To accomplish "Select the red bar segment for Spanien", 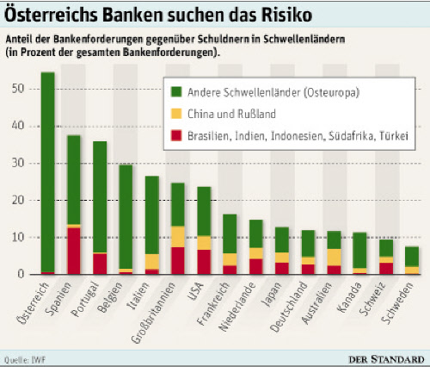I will click(74, 251).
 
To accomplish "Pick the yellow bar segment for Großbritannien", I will click(177, 237).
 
